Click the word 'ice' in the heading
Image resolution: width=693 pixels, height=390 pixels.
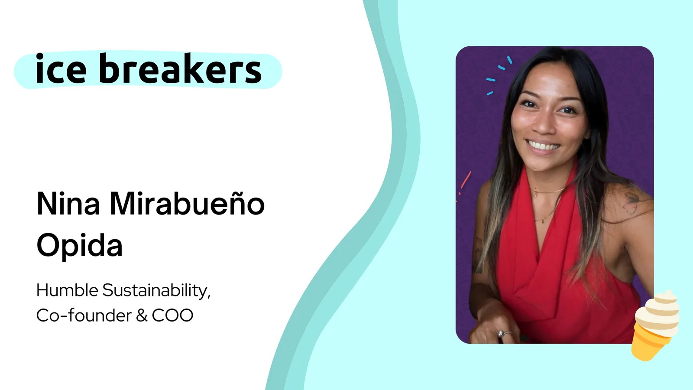61,68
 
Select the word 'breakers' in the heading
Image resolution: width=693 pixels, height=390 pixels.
180,68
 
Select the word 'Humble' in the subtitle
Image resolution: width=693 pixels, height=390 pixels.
67,290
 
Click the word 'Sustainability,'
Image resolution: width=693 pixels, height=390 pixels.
156,291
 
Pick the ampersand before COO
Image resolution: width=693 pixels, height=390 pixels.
142,316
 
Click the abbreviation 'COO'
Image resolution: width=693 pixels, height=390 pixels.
173,316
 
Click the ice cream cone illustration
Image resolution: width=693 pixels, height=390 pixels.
656,325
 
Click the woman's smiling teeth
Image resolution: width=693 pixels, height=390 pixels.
544,145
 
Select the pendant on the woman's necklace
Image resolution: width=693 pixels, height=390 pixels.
544,220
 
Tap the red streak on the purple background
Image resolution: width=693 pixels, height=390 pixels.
465,180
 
